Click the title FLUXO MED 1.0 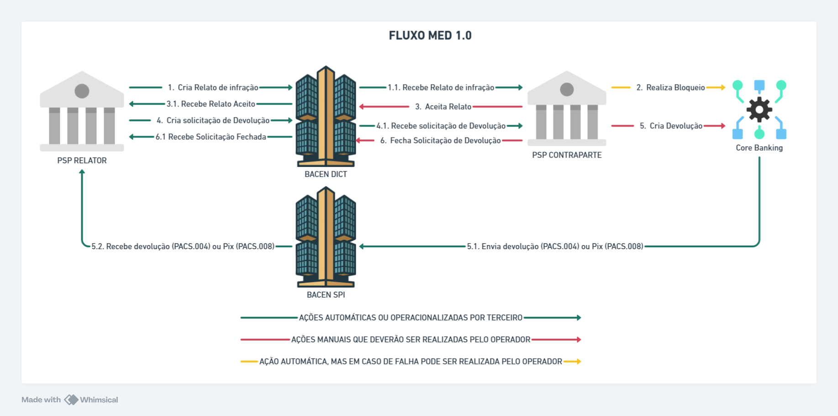430,36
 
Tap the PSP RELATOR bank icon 82,111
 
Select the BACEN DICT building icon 326,117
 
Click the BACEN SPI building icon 326,237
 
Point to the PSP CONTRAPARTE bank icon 567,108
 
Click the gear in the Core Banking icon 759,110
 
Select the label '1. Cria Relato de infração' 213,87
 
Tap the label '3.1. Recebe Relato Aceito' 211,104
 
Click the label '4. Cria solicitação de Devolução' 213,120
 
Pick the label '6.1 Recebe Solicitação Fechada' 211,137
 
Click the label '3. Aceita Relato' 443,107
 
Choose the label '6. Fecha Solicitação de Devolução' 440,140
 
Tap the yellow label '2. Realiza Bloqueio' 670,87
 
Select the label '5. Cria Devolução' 671,126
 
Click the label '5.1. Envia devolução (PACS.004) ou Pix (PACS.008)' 555,246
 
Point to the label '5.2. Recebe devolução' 183,246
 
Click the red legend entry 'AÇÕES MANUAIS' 411,340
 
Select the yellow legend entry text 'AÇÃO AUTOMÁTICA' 411,362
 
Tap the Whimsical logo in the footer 71,400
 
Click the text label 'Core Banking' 759,148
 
